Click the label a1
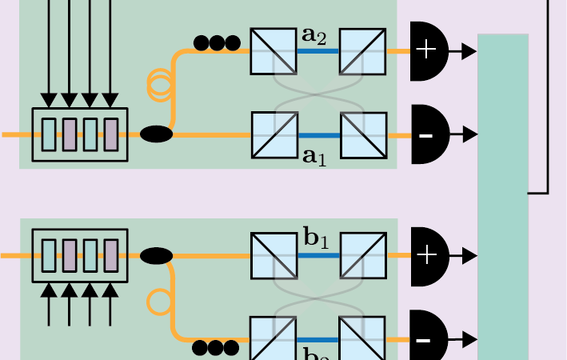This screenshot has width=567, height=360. point(314,155)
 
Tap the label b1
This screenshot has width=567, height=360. point(316,238)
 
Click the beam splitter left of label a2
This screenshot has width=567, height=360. point(274,51)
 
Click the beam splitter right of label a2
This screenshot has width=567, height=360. point(362,51)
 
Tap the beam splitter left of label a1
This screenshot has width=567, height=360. point(274,134)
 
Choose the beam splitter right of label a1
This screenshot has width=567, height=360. point(363,134)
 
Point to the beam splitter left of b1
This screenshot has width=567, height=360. point(274,256)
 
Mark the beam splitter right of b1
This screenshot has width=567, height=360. point(363,256)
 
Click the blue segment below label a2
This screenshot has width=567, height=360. point(318,51)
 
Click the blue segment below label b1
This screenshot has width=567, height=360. point(318,256)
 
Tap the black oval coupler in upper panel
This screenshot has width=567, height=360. point(157,134)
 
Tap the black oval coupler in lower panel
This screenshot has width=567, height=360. point(157,256)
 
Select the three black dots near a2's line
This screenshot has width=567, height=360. point(217,42)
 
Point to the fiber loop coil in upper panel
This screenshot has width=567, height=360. point(160,85)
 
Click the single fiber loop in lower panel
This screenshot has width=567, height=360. point(158,302)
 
